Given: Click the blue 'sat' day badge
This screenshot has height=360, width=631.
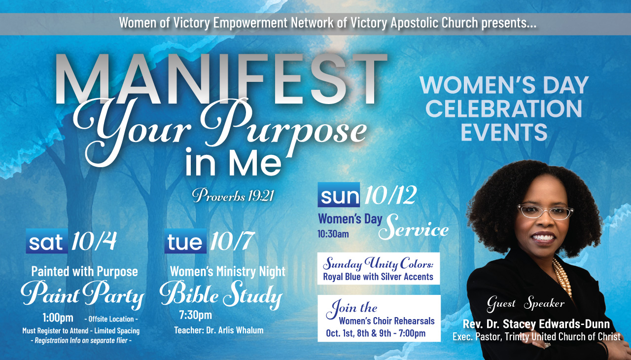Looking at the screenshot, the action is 47,241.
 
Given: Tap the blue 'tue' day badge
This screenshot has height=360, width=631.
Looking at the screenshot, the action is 185,241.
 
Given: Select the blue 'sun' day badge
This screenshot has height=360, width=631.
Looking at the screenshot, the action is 339,195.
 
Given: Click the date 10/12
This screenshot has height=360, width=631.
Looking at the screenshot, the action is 390,195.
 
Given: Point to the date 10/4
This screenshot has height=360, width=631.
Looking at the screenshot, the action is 94,241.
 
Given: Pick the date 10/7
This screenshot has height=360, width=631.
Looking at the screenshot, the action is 232,241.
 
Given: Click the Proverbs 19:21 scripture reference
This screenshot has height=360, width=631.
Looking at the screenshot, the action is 233,195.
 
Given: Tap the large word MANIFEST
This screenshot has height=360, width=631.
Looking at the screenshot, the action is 221,79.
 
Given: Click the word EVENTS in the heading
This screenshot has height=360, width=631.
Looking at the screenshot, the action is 504,132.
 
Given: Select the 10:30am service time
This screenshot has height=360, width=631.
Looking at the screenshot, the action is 333,234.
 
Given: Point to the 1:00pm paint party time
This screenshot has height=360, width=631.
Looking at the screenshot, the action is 58,318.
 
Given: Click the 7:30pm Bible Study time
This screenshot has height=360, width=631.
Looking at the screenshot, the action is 196,315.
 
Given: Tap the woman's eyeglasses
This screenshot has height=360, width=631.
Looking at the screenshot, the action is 545,212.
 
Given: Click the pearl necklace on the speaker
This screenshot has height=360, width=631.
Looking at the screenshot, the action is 562,278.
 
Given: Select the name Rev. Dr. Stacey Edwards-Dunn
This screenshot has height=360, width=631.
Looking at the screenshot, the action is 536,324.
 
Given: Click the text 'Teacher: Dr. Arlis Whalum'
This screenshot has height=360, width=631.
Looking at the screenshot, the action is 219,330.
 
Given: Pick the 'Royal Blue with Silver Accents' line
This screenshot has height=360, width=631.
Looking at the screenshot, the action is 378,277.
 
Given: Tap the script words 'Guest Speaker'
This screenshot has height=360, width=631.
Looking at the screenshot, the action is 526,304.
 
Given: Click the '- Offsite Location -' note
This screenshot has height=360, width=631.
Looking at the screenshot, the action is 111,319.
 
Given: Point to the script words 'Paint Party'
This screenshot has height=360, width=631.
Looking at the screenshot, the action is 82,294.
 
